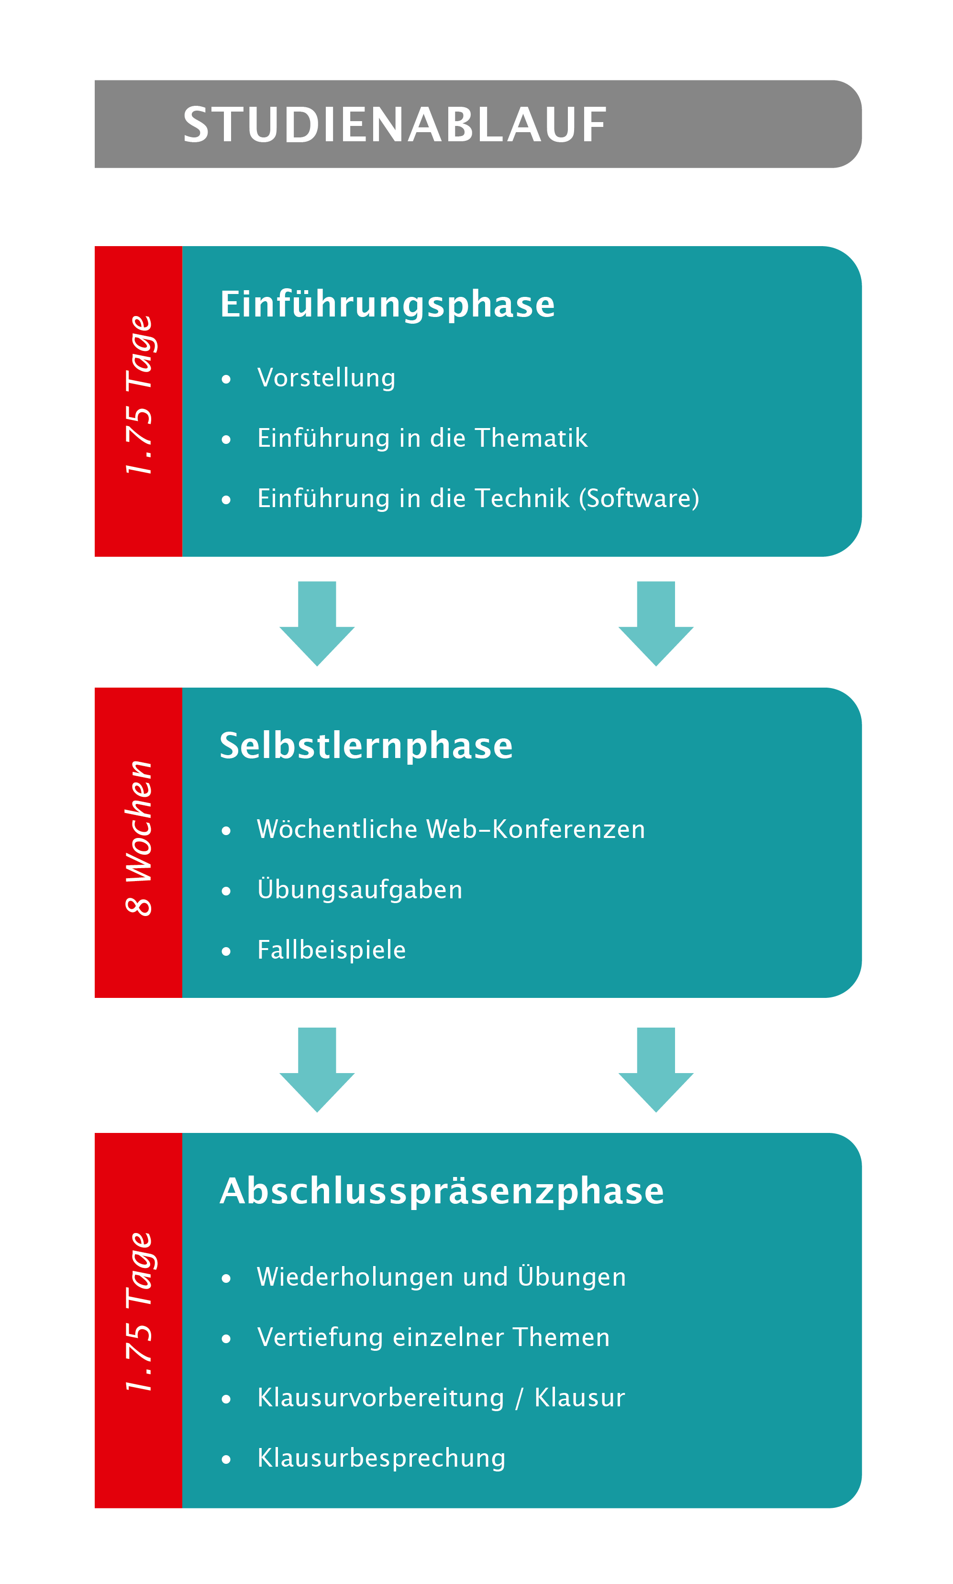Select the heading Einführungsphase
pos(387,304)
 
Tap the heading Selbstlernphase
pos(366,746)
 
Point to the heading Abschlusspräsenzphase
pos(442,1191)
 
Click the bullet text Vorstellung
pos(326,378)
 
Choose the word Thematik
pos(531,438)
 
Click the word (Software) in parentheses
pos(639,498)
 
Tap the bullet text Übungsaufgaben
pos(360,889)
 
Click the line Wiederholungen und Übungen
pos(441,1277)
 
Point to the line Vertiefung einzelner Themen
pos(433,1337)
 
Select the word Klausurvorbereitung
pos(381,1398)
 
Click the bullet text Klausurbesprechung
pos(381,1458)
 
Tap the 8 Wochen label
pos(139,838)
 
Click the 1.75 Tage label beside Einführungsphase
pos(139,395)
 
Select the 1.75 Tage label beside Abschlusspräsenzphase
pos(139,1312)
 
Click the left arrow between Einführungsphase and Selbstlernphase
pos(317,623)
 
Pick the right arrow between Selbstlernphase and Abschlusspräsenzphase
pos(656,1069)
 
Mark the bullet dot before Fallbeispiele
pos(226,951)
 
